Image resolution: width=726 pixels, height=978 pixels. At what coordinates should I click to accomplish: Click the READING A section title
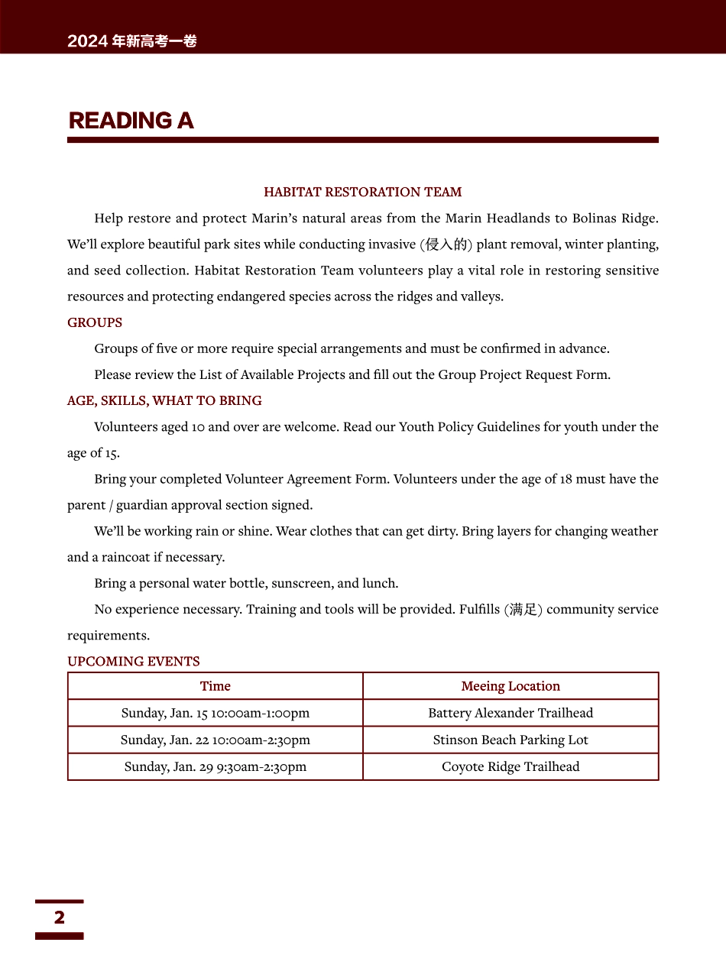click(x=131, y=121)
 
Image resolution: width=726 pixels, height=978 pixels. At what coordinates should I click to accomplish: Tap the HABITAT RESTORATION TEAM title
click(x=362, y=192)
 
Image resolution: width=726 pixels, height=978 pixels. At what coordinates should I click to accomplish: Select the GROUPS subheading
click(x=95, y=322)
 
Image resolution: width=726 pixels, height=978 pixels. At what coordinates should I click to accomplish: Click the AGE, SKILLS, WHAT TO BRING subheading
click(x=164, y=400)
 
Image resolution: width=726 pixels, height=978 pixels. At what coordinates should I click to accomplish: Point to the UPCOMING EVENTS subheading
click(x=134, y=661)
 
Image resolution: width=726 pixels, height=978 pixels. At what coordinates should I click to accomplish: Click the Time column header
click(x=216, y=686)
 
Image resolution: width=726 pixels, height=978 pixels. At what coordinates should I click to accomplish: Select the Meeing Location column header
click(x=510, y=686)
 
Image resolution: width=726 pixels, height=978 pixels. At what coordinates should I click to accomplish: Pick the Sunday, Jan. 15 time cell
click(x=216, y=713)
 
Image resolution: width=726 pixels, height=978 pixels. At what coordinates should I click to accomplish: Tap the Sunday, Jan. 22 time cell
click(x=216, y=740)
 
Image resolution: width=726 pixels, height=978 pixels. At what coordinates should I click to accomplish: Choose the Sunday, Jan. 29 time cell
click(x=216, y=766)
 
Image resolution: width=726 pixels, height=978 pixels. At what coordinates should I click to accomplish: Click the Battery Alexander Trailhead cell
click(x=510, y=713)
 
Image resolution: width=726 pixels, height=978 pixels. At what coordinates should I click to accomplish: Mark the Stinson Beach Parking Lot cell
click(x=510, y=740)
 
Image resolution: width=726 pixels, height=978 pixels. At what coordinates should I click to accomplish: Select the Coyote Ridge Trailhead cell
click(x=510, y=766)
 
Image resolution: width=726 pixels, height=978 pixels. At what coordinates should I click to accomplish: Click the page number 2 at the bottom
click(x=60, y=917)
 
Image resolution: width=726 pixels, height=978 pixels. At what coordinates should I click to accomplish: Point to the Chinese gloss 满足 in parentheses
click(x=523, y=610)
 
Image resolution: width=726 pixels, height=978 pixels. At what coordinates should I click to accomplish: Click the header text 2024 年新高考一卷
click(x=132, y=41)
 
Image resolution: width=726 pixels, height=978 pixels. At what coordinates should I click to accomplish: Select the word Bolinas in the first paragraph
click(x=595, y=219)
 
